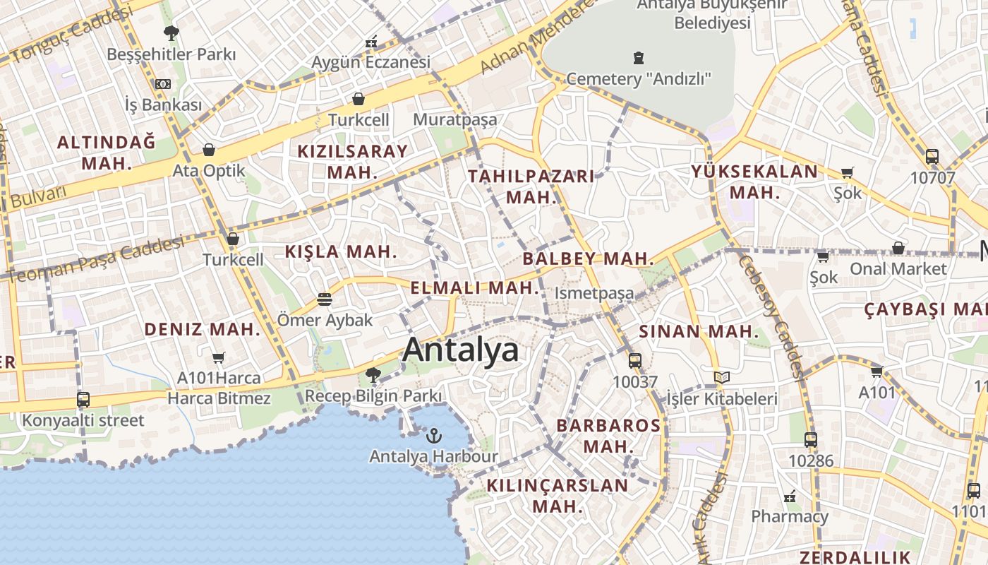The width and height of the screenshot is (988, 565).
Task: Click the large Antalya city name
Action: click(x=460, y=350)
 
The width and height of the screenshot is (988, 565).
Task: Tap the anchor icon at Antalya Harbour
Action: click(x=434, y=435)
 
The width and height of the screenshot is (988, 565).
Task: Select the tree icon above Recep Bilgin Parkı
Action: click(x=373, y=375)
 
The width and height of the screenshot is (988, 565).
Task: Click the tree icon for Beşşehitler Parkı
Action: click(x=171, y=32)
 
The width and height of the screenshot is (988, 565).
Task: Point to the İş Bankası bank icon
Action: click(x=163, y=84)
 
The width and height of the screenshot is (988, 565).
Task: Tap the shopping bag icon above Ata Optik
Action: click(x=208, y=150)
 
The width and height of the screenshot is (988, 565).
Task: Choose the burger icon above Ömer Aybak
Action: click(x=325, y=299)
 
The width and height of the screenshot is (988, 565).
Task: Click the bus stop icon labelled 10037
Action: click(x=635, y=361)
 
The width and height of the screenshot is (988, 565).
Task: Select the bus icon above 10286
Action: click(x=811, y=440)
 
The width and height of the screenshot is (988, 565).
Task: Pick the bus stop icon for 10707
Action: click(x=932, y=157)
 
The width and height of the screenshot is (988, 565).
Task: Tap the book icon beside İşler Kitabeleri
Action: click(x=721, y=378)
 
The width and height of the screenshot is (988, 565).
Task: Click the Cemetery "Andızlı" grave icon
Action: click(x=639, y=57)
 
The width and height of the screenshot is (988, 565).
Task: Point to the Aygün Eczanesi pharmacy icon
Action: click(x=371, y=42)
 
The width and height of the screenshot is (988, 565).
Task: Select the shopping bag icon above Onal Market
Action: click(x=898, y=248)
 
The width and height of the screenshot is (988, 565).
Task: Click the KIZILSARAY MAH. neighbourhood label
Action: click(x=352, y=161)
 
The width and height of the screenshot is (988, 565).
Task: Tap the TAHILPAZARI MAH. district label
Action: click(x=532, y=186)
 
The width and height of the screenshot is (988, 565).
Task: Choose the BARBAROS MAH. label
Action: click(x=608, y=436)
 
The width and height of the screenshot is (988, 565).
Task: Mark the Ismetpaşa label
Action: click(x=594, y=292)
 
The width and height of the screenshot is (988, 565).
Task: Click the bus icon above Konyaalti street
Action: click(x=83, y=400)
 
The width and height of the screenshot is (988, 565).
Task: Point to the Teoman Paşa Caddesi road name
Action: click(x=95, y=259)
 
